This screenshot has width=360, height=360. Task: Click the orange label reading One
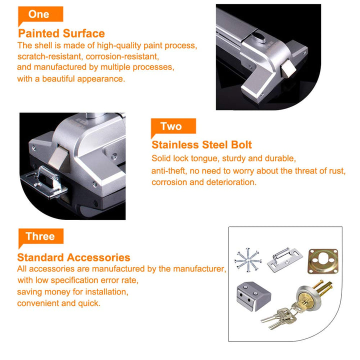tap(39, 14)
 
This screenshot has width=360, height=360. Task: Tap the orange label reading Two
tap(171, 126)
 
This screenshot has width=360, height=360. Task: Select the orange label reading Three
tap(40, 236)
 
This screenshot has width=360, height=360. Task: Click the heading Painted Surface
tap(61, 33)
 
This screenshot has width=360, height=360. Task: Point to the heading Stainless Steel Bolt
tap(201, 145)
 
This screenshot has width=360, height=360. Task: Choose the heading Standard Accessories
tap(73, 257)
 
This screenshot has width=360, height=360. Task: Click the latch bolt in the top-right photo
tap(288, 68)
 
